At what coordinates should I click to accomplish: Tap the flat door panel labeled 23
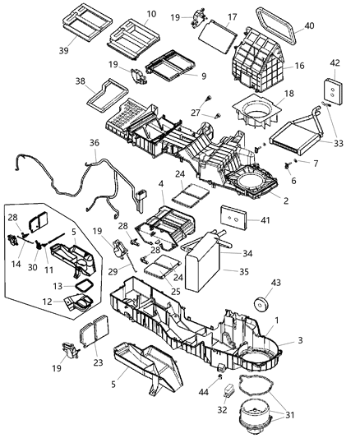pos(95,337)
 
